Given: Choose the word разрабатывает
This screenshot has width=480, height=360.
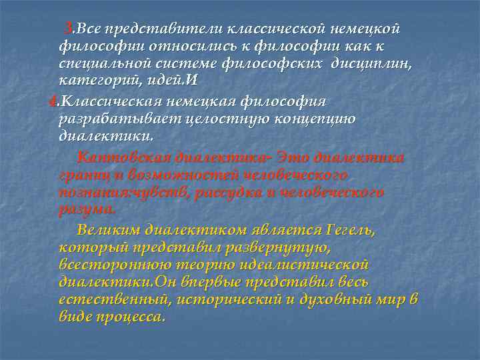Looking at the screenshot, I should click(x=106, y=119).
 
